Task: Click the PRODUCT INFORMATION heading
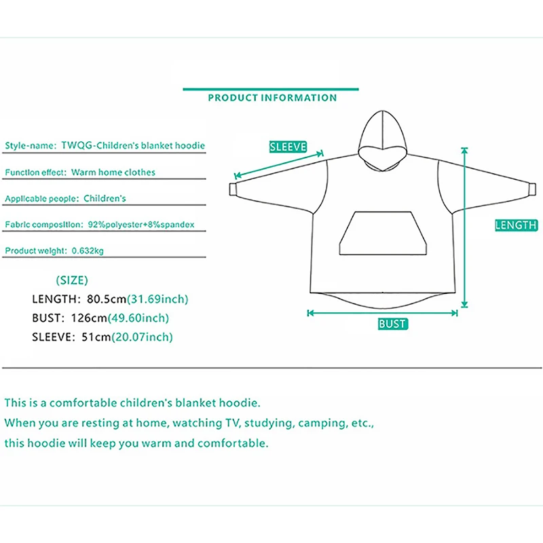(272, 98)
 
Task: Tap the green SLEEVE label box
(288, 147)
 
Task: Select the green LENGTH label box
(516, 225)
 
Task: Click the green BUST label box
(393, 324)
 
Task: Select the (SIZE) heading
(72, 280)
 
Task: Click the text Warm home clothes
(113, 172)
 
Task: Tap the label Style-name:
(30, 146)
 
